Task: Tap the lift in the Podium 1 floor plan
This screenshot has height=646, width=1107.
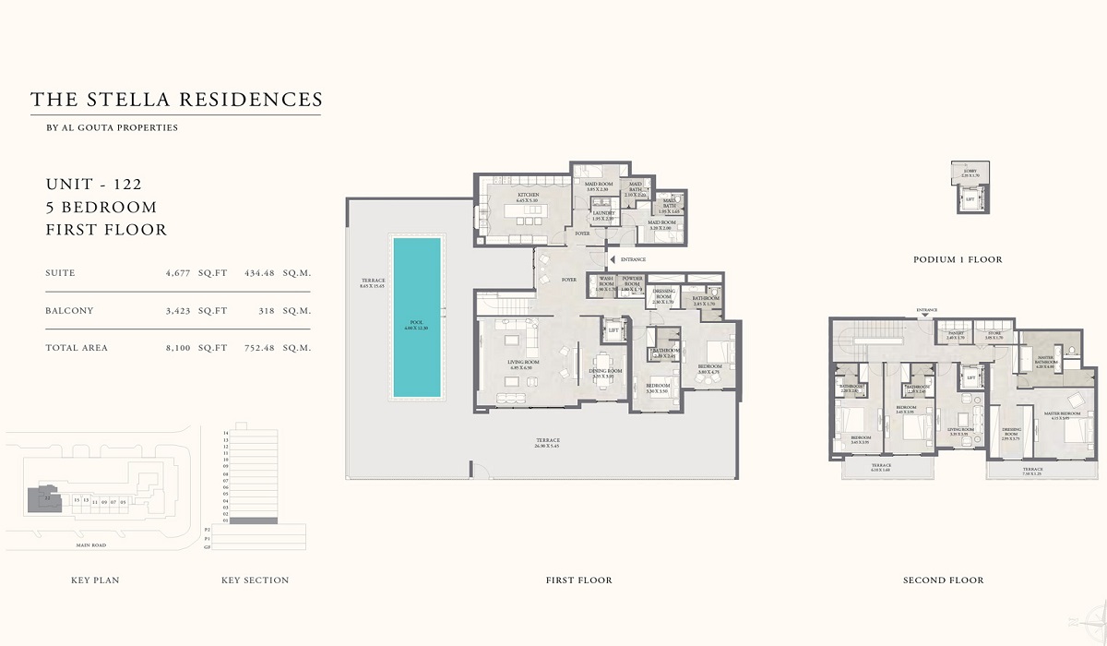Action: [970, 197]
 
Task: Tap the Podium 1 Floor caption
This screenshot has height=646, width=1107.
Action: [957, 260]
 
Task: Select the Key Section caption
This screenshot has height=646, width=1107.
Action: [255, 580]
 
